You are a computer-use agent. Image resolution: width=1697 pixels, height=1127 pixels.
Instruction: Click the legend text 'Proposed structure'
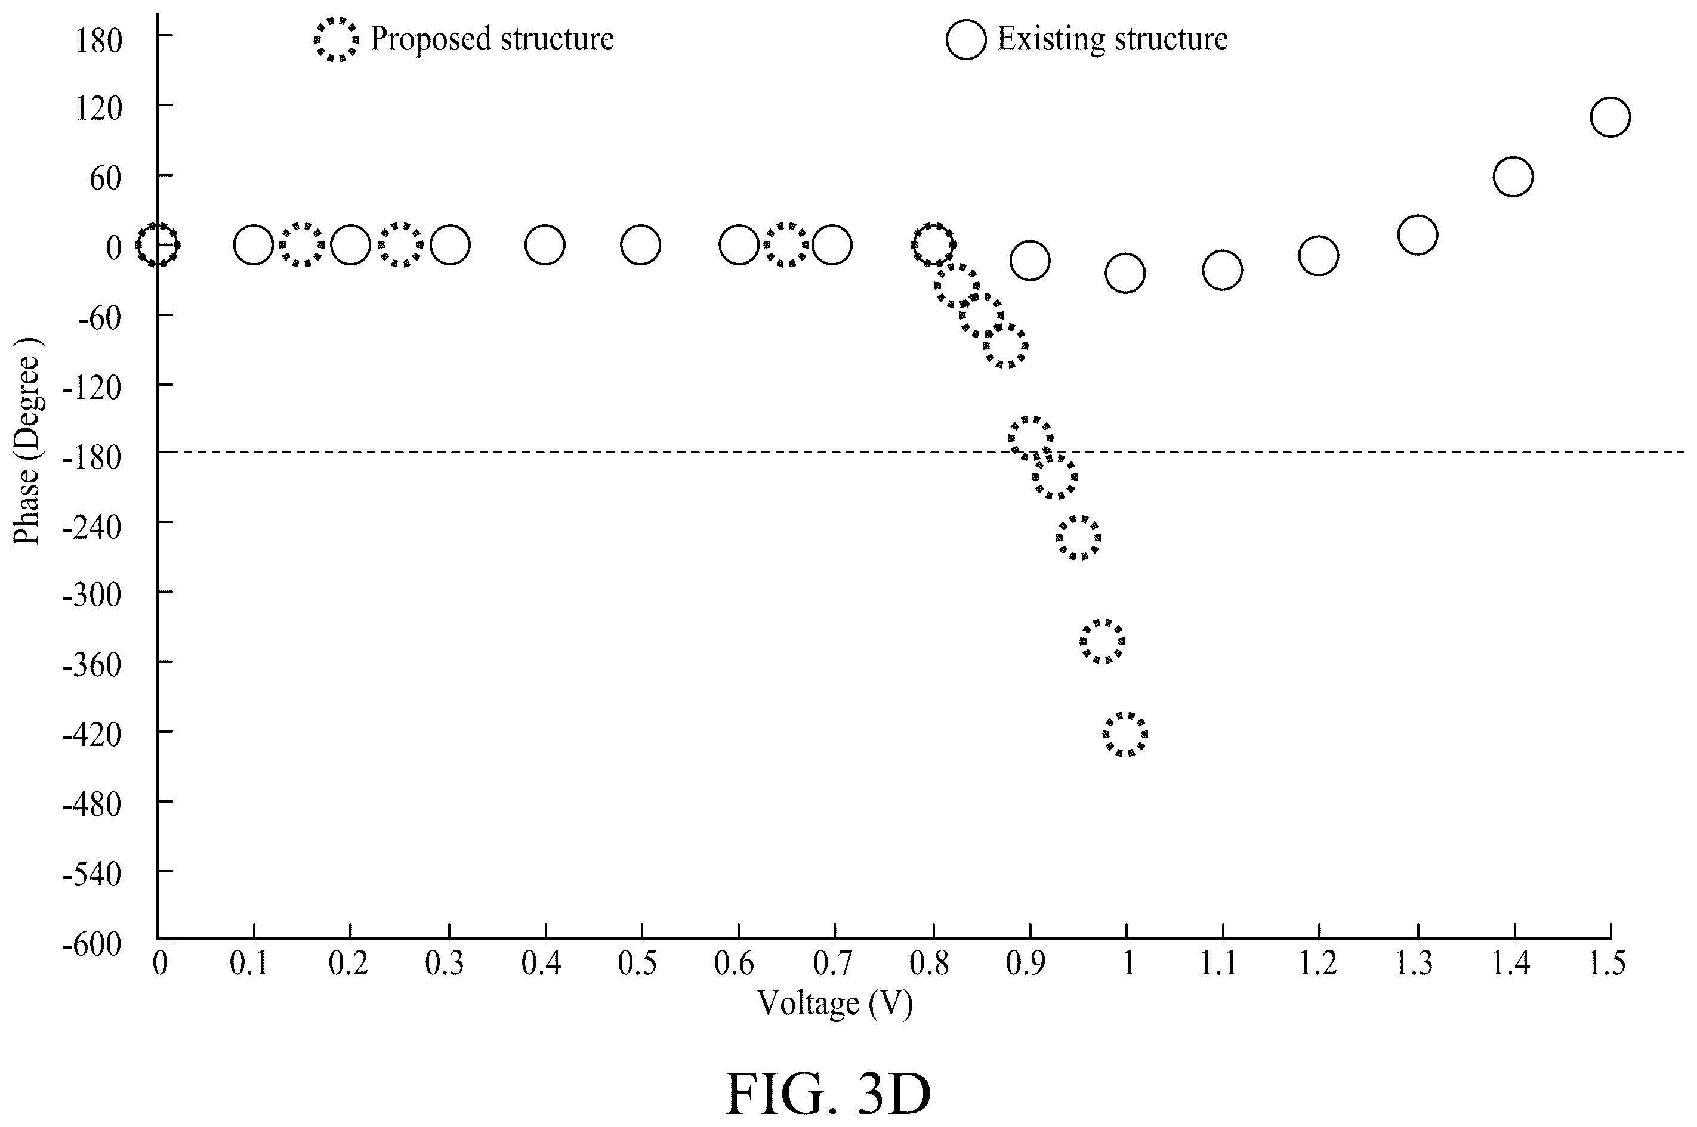(x=492, y=39)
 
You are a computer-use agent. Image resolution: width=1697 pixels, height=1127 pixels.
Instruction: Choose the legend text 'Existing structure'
(x=1112, y=39)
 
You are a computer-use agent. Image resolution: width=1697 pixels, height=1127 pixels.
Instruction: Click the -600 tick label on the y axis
(x=92, y=944)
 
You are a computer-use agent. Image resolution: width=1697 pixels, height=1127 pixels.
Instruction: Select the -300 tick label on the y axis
(x=92, y=596)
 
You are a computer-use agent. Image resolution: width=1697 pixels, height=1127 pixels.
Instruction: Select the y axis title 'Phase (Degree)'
(x=27, y=442)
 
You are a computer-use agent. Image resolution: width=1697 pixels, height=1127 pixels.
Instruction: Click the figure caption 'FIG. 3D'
(x=828, y=1093)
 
